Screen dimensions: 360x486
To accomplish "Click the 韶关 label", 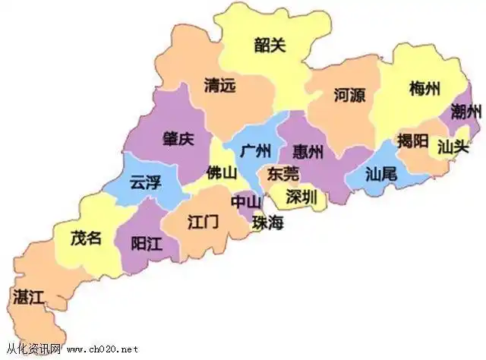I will [x=270, y=45].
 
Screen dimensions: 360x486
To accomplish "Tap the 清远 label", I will [x=219, y=85].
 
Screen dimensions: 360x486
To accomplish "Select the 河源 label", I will [x=349, y=95].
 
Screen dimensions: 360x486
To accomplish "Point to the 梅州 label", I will [x=424, y=87].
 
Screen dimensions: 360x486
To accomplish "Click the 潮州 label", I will [x=465, y=112].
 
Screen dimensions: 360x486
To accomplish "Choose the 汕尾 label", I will [x=381, y=174].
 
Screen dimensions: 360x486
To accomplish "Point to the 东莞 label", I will [x=282, y=174].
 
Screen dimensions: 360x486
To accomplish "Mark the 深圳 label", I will [x=301, y=197].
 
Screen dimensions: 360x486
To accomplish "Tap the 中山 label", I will [x=246, y=202].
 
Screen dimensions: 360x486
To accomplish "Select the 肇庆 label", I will [x=178, y=140].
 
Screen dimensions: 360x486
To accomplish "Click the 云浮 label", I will [x=145, y=182].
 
